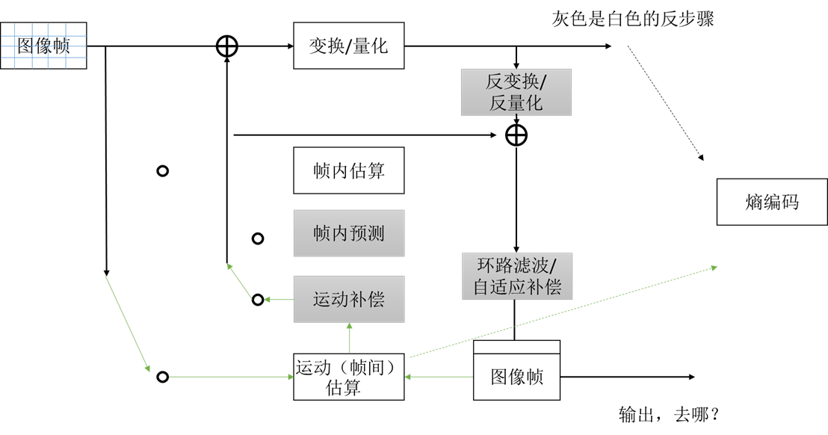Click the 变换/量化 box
point(349,46)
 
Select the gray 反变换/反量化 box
point(516,92)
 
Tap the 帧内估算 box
point(349,170)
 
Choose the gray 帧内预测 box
point(349,233)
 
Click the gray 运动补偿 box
point(349,300)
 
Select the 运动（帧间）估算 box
point(349,377)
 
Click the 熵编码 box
point(772,202)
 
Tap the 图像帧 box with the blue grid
point(43,46)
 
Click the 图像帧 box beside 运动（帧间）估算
point(516,376)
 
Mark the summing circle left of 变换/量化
point(226,46)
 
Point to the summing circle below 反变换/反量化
point(516,135)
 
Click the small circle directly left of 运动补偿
point(258,300)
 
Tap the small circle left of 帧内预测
point(258,238)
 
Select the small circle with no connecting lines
point(162,171)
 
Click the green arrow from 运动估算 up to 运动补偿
point(349,337)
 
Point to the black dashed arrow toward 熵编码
point(665,104)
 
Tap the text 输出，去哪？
point(668,414)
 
